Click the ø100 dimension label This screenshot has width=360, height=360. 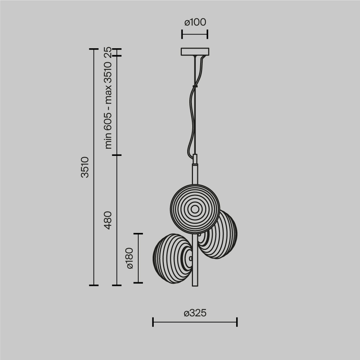[x=195, y=22]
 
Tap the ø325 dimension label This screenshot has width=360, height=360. [x=195, y=313]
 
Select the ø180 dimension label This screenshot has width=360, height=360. [x=130, y=258]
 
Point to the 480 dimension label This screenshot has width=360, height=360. [x=108, y=220]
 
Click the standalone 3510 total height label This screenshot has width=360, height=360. [x=85, y=167]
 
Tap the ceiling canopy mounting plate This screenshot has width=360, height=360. [x=195, y=52]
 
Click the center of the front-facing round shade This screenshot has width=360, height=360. [x=195, y=209]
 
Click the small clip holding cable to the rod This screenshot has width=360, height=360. [x=195, y=86]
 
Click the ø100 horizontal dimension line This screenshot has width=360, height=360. [x=195, y=35]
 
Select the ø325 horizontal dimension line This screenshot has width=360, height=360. [x=195, y=322]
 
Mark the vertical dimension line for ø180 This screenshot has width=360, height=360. [x=138, y=258]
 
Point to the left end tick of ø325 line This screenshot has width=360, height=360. [x=153, y=322]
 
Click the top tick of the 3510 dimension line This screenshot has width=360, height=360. [x=94, y=49]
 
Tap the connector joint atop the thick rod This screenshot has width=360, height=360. [x=195, y=159]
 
